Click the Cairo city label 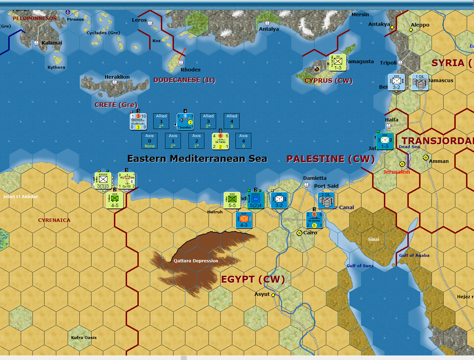(310, 233)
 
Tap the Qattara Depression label (196, 261)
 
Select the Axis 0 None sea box (149, 141)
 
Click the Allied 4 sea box (232, 121)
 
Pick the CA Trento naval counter (220, 141)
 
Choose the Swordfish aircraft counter (185, 121)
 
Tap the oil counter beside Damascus (420, 82)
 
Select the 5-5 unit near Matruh (232, 201)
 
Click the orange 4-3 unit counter (244, 220)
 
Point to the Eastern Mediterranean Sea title (197, 158)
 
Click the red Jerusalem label (396, 172)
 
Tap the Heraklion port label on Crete (117, 77)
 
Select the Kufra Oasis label (84, 338)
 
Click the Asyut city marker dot (273, 295)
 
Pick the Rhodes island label (190, 70)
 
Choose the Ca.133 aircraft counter (127, 181)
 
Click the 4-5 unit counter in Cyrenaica (115, 201)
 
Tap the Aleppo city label (420, 25)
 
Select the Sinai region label (374, 239)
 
